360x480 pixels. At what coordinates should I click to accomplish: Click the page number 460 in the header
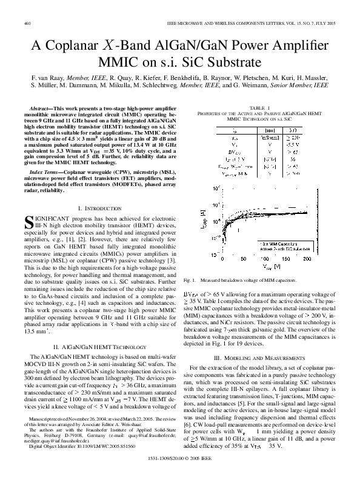coord(28,24)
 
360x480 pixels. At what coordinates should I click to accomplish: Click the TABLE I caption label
coord(260,107)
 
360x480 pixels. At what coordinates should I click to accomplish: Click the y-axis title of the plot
coord(202,220)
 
